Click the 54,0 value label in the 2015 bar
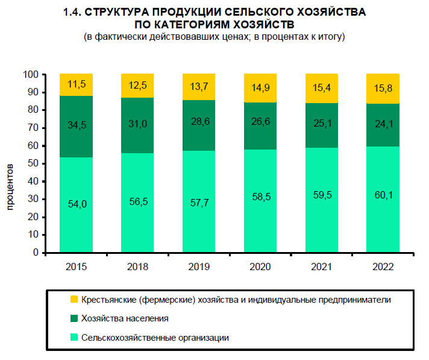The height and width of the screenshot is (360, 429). [x=77, y=204]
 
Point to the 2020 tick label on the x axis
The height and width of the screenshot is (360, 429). [x=260, y=267]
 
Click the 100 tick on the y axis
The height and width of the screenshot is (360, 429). [x=31, y=75]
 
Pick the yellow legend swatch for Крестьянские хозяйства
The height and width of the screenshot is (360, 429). [x=74, y=299]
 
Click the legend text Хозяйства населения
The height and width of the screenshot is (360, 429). [x=125, y=318]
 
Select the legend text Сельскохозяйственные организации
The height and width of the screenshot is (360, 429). [x=155, y=338]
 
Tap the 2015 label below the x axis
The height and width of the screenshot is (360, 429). [x=77, y=267]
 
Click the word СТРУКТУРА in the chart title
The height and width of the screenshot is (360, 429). [x=116, y=12]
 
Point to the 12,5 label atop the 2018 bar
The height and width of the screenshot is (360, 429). [x=137, y=85]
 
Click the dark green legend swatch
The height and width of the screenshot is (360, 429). [x=74, y=318]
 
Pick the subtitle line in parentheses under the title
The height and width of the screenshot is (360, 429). [x=214, y=37]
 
